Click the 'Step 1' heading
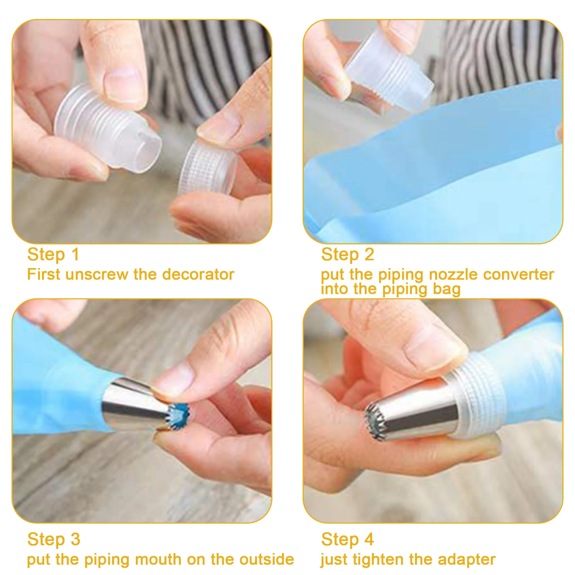pos(53,255)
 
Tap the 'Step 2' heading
pos(348,255)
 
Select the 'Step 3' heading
pos(54,539)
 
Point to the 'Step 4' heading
pos(348,539)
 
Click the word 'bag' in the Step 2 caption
pos(447,290)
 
